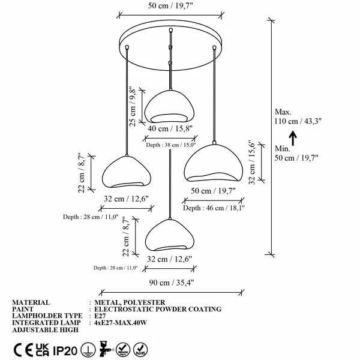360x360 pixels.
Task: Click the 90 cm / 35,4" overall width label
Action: tap(172, 283)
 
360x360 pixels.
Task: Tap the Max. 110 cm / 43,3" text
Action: tap(298, 116)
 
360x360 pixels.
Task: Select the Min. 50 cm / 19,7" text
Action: tap(296, 153)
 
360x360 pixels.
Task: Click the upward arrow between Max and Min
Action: tap(293, 138)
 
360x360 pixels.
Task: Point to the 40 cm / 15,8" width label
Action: tap(170, 128)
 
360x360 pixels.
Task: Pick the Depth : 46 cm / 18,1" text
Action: tap(214, 208)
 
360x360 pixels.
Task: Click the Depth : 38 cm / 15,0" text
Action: tap(171, 145)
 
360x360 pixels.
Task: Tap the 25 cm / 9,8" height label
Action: tap(133, 106)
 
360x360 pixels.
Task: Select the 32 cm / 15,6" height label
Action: tap(252, 163)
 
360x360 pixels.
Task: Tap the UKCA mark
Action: tap(43, 350)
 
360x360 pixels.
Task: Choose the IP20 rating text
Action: tap(65, 350)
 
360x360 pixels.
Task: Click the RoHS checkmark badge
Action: tap(140, 350)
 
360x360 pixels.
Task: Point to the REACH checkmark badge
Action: tap(123, 350)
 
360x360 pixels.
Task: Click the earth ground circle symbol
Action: tap(88, 350)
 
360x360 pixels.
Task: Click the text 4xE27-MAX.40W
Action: tap(121, 323)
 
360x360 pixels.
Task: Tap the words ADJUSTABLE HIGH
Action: tap(45, 329)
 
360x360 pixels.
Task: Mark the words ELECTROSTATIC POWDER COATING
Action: tap(158, 309)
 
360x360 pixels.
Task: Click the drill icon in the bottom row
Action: tap(106, 349)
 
